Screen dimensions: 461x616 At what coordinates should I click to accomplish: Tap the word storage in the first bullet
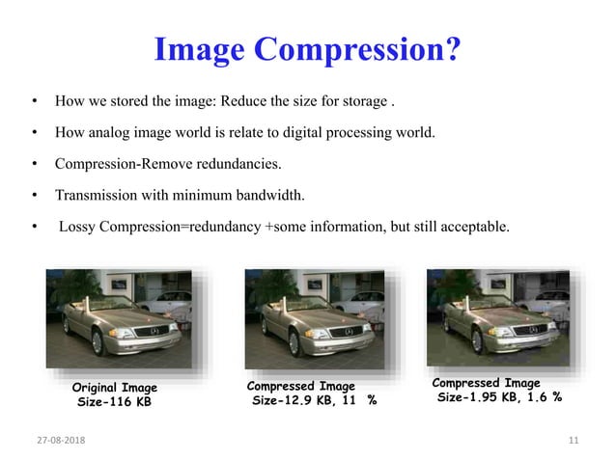tap(363, 100)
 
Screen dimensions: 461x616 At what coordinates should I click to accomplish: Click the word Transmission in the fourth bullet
tap(98, 196)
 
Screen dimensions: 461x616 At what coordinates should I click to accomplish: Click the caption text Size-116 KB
tap(114, 401)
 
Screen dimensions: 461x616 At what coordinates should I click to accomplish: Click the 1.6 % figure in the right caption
tap(546, 396)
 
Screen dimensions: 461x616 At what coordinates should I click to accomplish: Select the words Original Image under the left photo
tap(114, 388)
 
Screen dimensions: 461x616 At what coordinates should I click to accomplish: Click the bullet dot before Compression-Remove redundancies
tap(35, 164)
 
